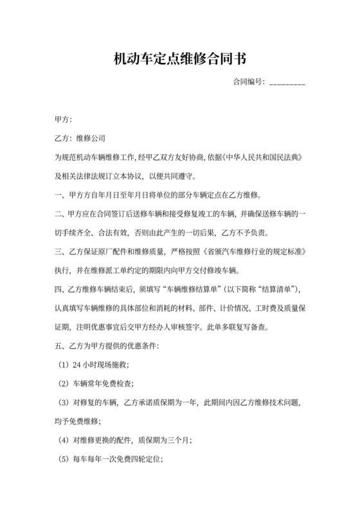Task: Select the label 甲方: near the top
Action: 64,120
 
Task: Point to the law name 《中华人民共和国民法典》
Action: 263,157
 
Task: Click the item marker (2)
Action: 62,384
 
